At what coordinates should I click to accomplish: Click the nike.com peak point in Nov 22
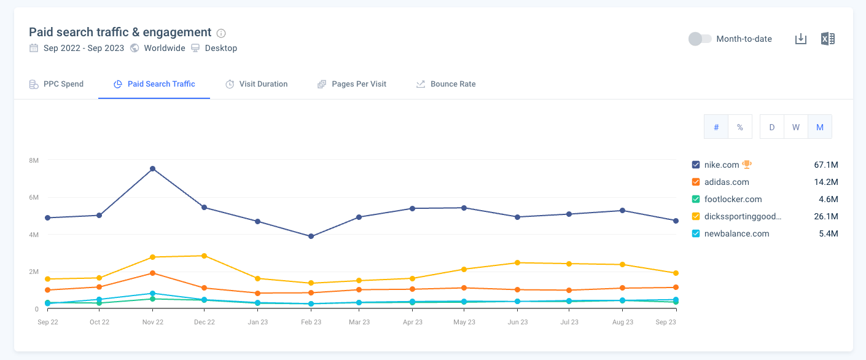pyautogui.click(x=152, y=169)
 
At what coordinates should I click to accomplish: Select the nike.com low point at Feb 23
pyautogui.click(x=311, y=237)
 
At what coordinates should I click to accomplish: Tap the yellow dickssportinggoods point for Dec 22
pyautogui.click(x=205, y=256)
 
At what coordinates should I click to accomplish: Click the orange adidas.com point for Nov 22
pyautogui.click(x=152, y=273)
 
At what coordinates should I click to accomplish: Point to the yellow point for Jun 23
pyautogui.click(x=518, y=263)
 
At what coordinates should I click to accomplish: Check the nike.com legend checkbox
pyautogui.click(x=696, y=165)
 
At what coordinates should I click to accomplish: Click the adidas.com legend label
pyautogui.click(x=727, y=182)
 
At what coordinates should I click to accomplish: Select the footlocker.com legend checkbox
pyautogui.click(x=696, y=199)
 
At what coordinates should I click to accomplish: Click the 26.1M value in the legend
pyautogui.click(x=825, y=216)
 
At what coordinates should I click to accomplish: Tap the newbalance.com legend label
pyautogui.click(x=736, y=233)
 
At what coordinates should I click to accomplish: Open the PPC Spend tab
pyautogui.click(x=57, y=84)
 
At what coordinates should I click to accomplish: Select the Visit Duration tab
pyautogui.click(x=256, y=84)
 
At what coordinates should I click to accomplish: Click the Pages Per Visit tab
pyautogui.click(x=352, y=84)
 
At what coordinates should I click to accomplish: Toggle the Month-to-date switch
pyautogui.click(x=700, y=39)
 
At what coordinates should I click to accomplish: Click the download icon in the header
pyautogui.click(x=800, y=39)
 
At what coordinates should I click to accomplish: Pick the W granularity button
pyautogui.click(x=795, y=127)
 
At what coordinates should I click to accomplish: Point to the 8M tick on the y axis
pyautogui.click(x=34, y=160)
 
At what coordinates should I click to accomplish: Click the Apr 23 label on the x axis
pyautogui.click(x=412, y=322)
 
